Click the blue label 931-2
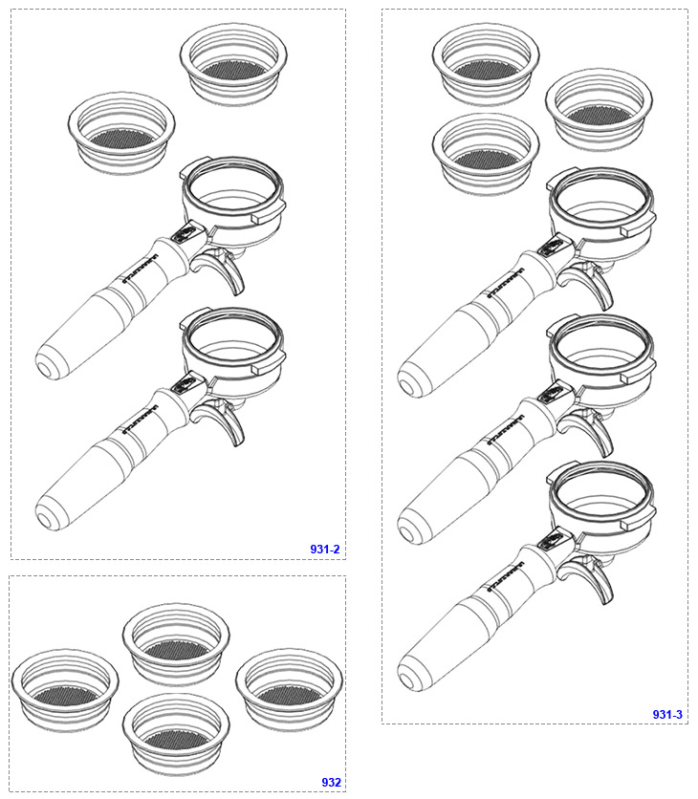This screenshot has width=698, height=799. (325, 550)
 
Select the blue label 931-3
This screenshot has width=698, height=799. (668, 714)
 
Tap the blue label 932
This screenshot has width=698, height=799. (331, 782)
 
